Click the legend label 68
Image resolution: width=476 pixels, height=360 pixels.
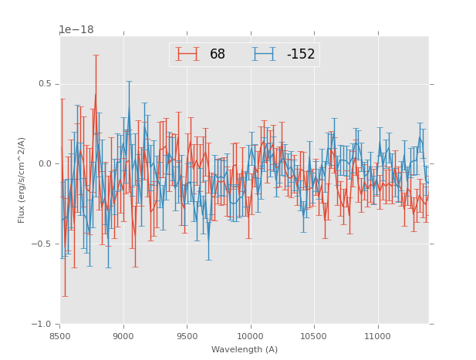pyautogui.click(x=218, y=54)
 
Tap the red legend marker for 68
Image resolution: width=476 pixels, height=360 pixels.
pyautogui.click(x=187, y=54)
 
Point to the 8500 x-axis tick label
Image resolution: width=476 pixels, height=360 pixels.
pyautogui.click(x=60, y=335)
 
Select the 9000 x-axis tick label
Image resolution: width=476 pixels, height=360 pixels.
pyautogui.click(x=123, y=335)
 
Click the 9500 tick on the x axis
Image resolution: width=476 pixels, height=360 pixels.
pyautogui.click(x=187, y=335)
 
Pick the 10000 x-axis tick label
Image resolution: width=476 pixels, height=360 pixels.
pyautogui.click(x=251, y=335)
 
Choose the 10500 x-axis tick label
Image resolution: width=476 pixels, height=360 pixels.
pyautogui.click(x=314, y=335)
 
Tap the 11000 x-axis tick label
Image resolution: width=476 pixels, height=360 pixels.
pyautogui.click(x=378, y=335)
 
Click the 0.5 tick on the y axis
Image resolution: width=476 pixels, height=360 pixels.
pyautogui.click(x=46, y=84)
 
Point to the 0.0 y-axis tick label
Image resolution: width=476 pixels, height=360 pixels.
pyautogui.click(x=46, y=164)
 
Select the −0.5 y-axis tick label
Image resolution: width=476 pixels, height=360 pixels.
pyautogui.click(x=44, y=244)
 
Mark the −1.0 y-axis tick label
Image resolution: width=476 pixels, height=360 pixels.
pyautogui.click(x=44, y=325)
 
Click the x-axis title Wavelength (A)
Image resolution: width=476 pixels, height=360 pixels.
pyautogui.click(x=244, y=349)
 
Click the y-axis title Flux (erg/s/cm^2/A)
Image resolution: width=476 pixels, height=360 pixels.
pyautogui.click(x=22, y=180)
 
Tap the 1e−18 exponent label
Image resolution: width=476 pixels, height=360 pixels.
pyautogui.click(x=76, y=30)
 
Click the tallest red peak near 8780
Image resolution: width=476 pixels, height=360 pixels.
pyautogui.click(x=96, y=94)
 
